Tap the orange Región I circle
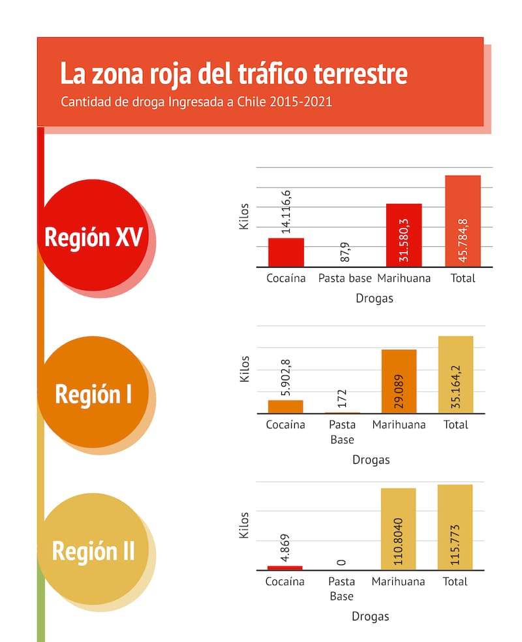pos(93,394)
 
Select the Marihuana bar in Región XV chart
pos(404,234)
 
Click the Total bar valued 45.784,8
pos(463,221)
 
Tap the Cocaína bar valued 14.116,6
pos(286,252)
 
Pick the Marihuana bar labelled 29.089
pos(399,381)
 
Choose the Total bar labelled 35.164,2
pos(455,375)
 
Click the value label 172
pos(342,398)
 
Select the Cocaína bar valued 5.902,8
pos(285,406)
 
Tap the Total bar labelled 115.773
pos(455,527)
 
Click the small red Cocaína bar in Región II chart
pos(285,568)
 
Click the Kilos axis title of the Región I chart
pos(245,368)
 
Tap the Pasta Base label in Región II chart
pos(341,588)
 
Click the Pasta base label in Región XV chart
pos(345,278)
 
